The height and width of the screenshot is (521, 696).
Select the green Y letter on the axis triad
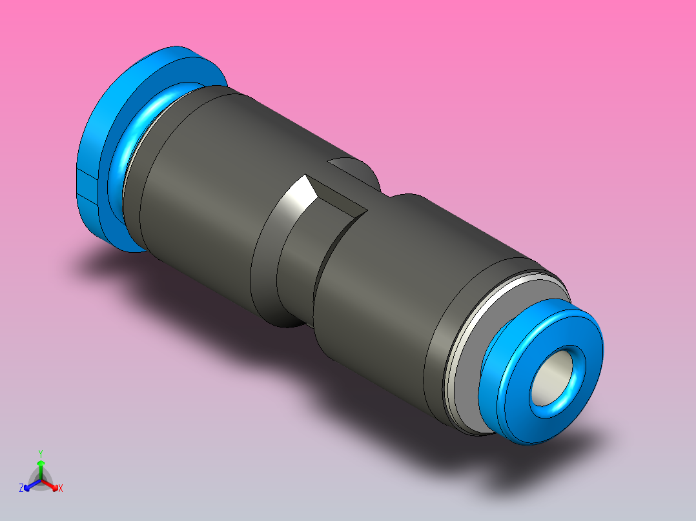pyautogui.click(x=41, y=453)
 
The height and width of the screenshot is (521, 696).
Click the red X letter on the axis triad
pyautogui.click(x=61, y=488)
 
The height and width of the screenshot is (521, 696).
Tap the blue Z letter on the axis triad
pyautogui.click(x=21, y=488)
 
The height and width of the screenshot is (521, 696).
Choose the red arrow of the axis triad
pyautogui.click(x=52, y=484)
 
